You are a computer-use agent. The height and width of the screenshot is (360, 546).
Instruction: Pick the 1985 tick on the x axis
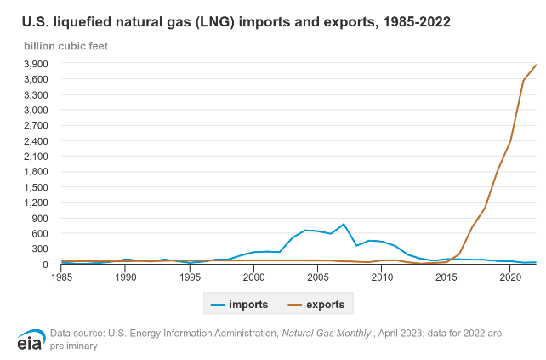pyautogui.click(x=61, y=277)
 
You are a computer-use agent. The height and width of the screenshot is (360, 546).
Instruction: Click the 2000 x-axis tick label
pyautogui.click(x=253, y=277)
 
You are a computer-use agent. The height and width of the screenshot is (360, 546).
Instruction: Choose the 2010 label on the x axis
pyautogui.click(x=382, y=277)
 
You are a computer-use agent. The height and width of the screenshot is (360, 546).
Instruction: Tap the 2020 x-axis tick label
pyautogui.click(x=510, y=277)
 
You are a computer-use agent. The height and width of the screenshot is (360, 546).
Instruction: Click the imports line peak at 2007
pyautogui.click(x=344, y=224)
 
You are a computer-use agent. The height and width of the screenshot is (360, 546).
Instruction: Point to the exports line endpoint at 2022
pyautogui.click(x=536, y=65)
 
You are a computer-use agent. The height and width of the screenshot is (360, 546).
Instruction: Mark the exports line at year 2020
pyautogui.click(x=510, y=140)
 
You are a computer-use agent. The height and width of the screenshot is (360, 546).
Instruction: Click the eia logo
pyautogui.click(x=30, y=339)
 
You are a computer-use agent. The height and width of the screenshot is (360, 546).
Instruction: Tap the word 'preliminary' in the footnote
pyautogui.click(x=75, y=346)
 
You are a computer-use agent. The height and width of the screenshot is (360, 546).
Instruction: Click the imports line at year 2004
pyautogui.click(x=305, y=230)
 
